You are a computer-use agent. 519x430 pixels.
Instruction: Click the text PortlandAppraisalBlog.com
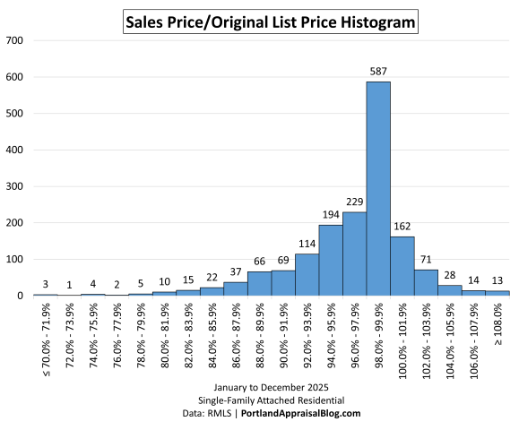(x=309, y=413)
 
